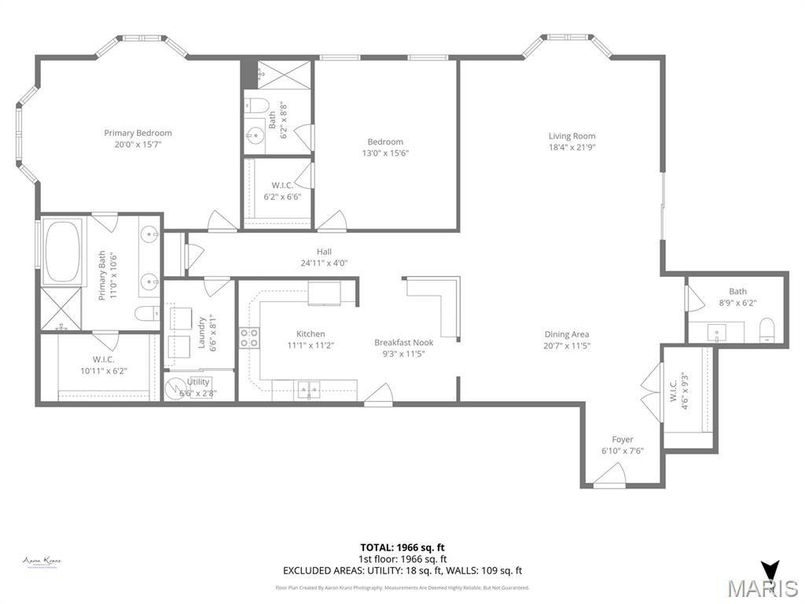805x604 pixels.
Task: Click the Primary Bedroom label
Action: click(138, 133)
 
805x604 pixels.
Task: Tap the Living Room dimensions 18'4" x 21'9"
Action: click(572, 147)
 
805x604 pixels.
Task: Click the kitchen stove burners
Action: click(249, 338)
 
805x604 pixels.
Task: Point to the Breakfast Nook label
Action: click(403, 342)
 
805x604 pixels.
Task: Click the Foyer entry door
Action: click(608, 476)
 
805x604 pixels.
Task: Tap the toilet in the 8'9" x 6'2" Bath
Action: click(767, 331)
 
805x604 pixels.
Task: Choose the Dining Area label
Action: click(566, 334)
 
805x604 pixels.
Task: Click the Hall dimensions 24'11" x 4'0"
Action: click(324, 263)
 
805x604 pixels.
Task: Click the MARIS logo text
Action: click(762, 587)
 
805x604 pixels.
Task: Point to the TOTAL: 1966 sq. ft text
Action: click(402, 547)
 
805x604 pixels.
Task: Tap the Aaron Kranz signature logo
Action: click(42, 562)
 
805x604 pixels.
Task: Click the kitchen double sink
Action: click(308, 389)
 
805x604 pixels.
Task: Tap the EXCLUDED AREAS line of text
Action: click(402, 571)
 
